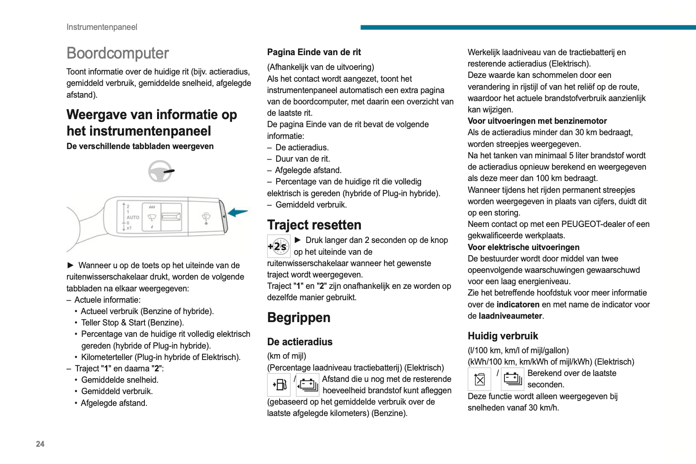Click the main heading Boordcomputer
tap(117, 53)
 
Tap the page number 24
tap(40, 444)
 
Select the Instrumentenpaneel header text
tap(101, 27)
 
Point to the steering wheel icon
tap(160, 171)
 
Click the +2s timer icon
tap(278, 246)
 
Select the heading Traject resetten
tap(314, 225)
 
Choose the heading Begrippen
tap(299, 317)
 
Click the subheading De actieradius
tap(299, 342)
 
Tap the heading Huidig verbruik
tap(503, 336)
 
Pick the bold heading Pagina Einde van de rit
tap(314, 52)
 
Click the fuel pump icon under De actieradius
tap(279, 384)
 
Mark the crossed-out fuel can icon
tap(479, 379)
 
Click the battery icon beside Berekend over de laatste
tap(512, 379)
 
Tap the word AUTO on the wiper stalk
tap(133, 217)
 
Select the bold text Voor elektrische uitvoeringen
tap(523, 247)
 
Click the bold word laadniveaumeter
tap(510, 316)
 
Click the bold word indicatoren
tap(518, 304)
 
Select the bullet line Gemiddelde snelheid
tap(120, 380)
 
